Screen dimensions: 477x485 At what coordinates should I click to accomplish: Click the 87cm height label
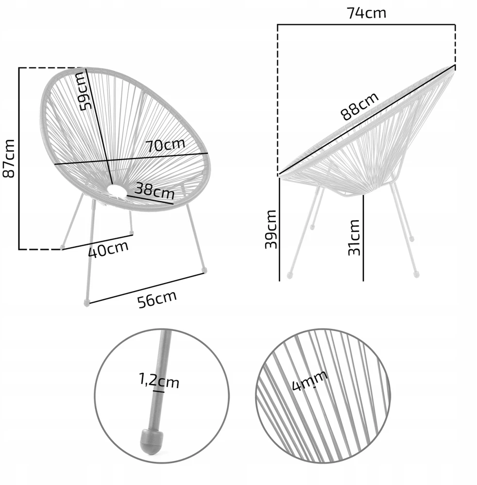click(9, 159)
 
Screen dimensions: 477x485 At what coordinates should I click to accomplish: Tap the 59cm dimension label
click(86, 91)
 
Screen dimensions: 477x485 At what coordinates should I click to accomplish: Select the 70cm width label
click(166, 145)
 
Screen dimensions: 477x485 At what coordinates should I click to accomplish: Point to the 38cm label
click(155, 190)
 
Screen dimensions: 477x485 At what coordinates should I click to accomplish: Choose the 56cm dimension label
click(157, 299)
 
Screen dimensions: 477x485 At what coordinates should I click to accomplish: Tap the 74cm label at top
click(366, 13)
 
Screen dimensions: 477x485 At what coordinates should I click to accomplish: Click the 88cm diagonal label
click(359, 106)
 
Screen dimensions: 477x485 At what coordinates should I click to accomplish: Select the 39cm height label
click(271, 229)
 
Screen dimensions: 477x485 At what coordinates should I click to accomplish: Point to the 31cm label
click(354, 237)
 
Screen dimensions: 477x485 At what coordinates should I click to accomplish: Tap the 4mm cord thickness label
click(310, 380)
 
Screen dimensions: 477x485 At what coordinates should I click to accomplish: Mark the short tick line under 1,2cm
click(158, 391)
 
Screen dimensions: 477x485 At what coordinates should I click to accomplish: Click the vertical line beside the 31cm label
click(363, 238)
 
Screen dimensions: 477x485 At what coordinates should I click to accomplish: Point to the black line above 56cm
click(147, 288)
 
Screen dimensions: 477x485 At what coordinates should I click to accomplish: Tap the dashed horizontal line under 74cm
click(366, 24)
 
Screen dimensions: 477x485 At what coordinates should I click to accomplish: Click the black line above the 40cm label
click(98, 242)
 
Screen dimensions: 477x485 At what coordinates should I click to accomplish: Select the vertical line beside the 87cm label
click(19, 159)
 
